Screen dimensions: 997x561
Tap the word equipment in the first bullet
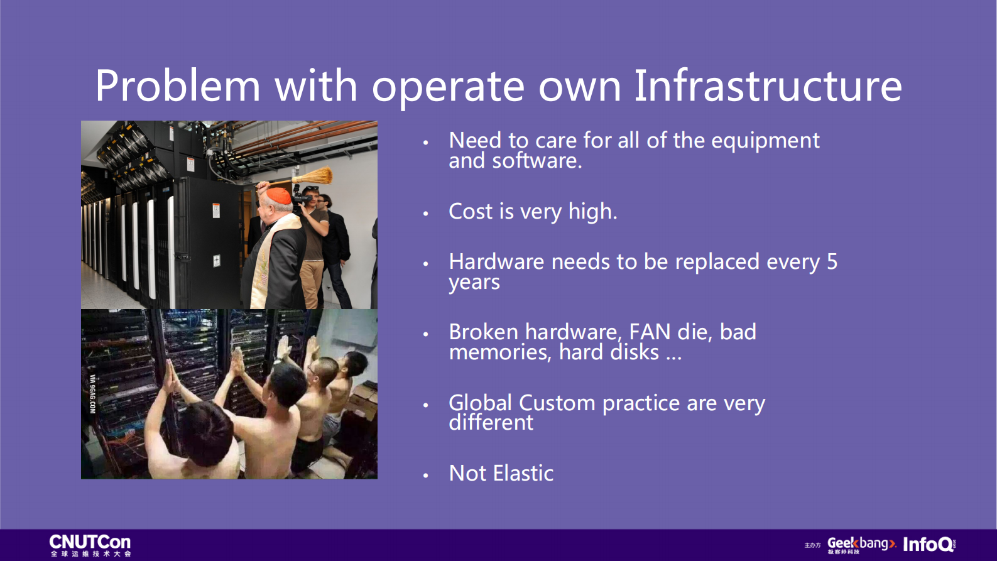point(765,141)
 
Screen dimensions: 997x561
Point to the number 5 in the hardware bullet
point(832,262)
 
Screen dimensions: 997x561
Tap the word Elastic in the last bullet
point(523,473)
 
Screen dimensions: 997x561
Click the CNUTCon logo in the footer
point(90,545)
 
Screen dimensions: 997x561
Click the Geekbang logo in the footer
point(861,545)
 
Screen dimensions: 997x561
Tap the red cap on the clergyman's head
point(279,196)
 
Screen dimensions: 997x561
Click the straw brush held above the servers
point(312,176)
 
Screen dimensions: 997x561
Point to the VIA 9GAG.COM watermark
point(92,394)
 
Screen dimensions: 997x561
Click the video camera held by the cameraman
point(300,198)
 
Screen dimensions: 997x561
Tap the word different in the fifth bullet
point(491,423)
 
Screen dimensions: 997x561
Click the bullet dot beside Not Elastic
point(425,476)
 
